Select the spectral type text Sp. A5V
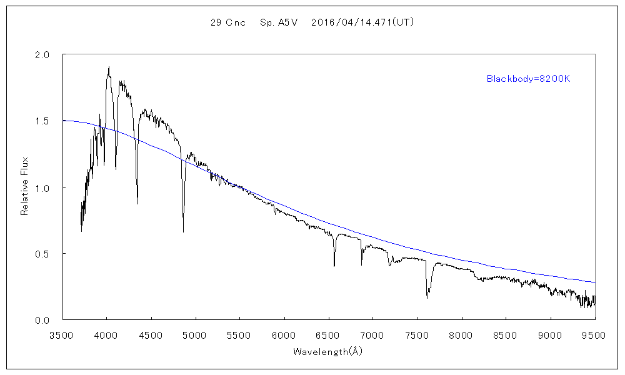[279, 22]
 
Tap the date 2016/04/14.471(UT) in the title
[362, 22]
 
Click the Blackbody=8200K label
[529, 79]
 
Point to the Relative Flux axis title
[25, 187]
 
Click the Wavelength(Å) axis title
[328, 351]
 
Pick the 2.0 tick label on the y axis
[42, 54]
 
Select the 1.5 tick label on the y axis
[42, 121]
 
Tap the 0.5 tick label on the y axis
[42, 254]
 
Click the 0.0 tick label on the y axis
[42, 320]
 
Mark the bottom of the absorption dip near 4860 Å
[183, 232]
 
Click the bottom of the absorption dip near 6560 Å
[334, 266]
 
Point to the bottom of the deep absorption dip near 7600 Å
[427, 297]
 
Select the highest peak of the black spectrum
[109, 67]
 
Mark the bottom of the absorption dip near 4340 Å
[137, 204]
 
